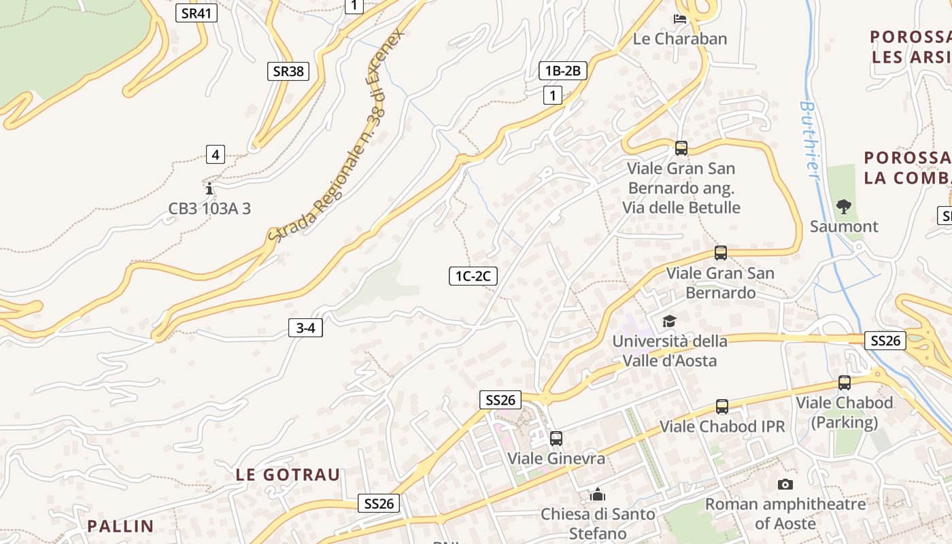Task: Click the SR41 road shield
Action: pos(197,12)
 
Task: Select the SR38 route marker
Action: pos(288,71)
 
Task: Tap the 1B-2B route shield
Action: pos(562,70)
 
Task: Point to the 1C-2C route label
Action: pos(473,275)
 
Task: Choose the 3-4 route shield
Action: pos(305,328)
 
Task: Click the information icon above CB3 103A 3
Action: pos(209,188)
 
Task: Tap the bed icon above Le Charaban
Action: pos(680,18)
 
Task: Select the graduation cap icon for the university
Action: pos(669,321)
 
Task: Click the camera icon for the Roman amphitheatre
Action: pos(785,484)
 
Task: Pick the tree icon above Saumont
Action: pos(844,206)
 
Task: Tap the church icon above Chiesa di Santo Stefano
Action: pos(598,494)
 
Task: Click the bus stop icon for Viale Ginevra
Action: pos(556,439)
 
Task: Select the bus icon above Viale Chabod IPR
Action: pos(722,407)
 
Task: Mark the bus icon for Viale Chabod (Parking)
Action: pos(845,383)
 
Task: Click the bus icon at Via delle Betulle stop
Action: pos(681,148)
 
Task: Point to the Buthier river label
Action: pos(809,141)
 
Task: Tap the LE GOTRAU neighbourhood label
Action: pos(288,475)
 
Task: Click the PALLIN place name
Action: pos(120,526)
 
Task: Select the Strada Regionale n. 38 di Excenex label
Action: pos(336,137)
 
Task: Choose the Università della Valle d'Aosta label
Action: pos(669,350)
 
